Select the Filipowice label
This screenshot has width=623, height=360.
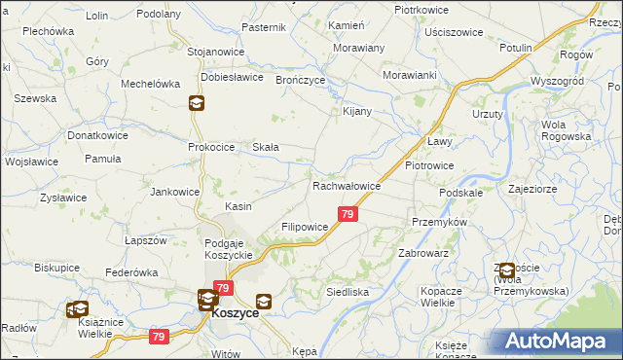[x=305, y=227]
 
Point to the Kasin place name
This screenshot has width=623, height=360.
[x=238, y=206]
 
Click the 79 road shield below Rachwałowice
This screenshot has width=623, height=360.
[x=347, y=214]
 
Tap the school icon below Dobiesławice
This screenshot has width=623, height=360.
[x=196, y=103]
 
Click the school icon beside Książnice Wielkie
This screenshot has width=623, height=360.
[x=76, y=309]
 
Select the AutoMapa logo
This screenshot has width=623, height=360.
[x=556, y=342]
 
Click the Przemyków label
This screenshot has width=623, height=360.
[x=440, y=221]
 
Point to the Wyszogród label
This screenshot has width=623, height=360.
[x=557, y=81]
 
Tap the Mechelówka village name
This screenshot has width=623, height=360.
[x=151, y=84]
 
